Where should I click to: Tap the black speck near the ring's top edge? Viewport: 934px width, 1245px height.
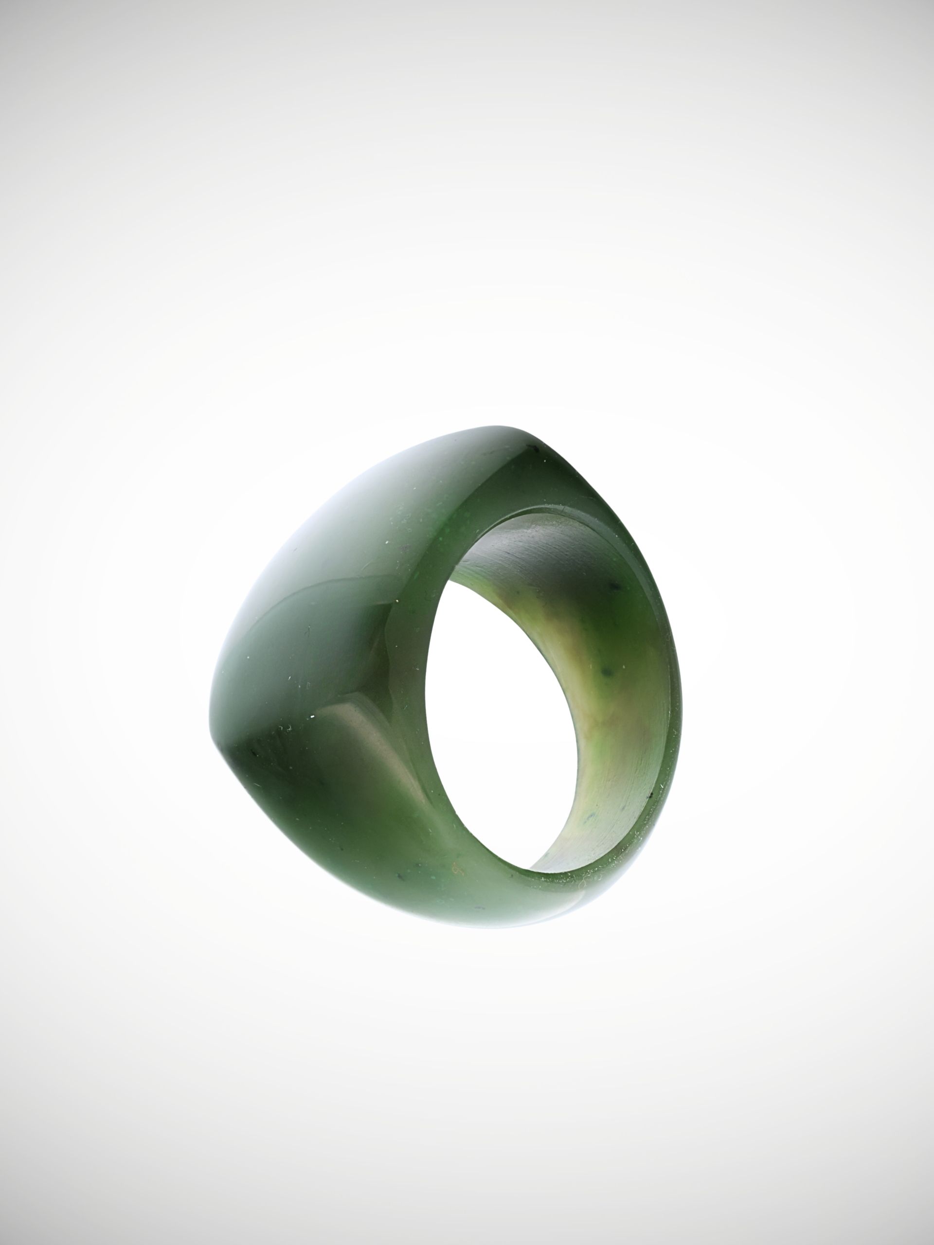click(530, 448)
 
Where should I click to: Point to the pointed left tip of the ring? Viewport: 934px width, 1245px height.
click(217, 732)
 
